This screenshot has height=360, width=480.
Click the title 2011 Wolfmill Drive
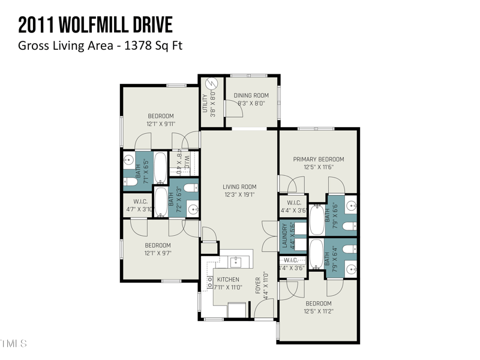[95, 25]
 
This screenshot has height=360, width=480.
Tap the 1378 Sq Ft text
[153, 46]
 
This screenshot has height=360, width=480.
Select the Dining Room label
[251, 95]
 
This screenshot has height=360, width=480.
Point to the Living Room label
[239, 187]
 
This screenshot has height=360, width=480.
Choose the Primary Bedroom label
[318, 159]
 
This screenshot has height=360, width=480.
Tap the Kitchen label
[227, 280]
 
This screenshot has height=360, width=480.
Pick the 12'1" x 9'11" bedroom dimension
[160, 124]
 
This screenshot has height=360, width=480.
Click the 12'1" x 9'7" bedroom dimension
[157, 253]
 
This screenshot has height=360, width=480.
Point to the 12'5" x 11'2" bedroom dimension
[318, 311]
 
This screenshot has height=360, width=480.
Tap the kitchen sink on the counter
[237, 261]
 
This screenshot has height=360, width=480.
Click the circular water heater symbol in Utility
[211, 85]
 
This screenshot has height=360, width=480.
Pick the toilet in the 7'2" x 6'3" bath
[190, 188]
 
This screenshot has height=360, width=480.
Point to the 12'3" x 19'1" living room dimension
[239, 194]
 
